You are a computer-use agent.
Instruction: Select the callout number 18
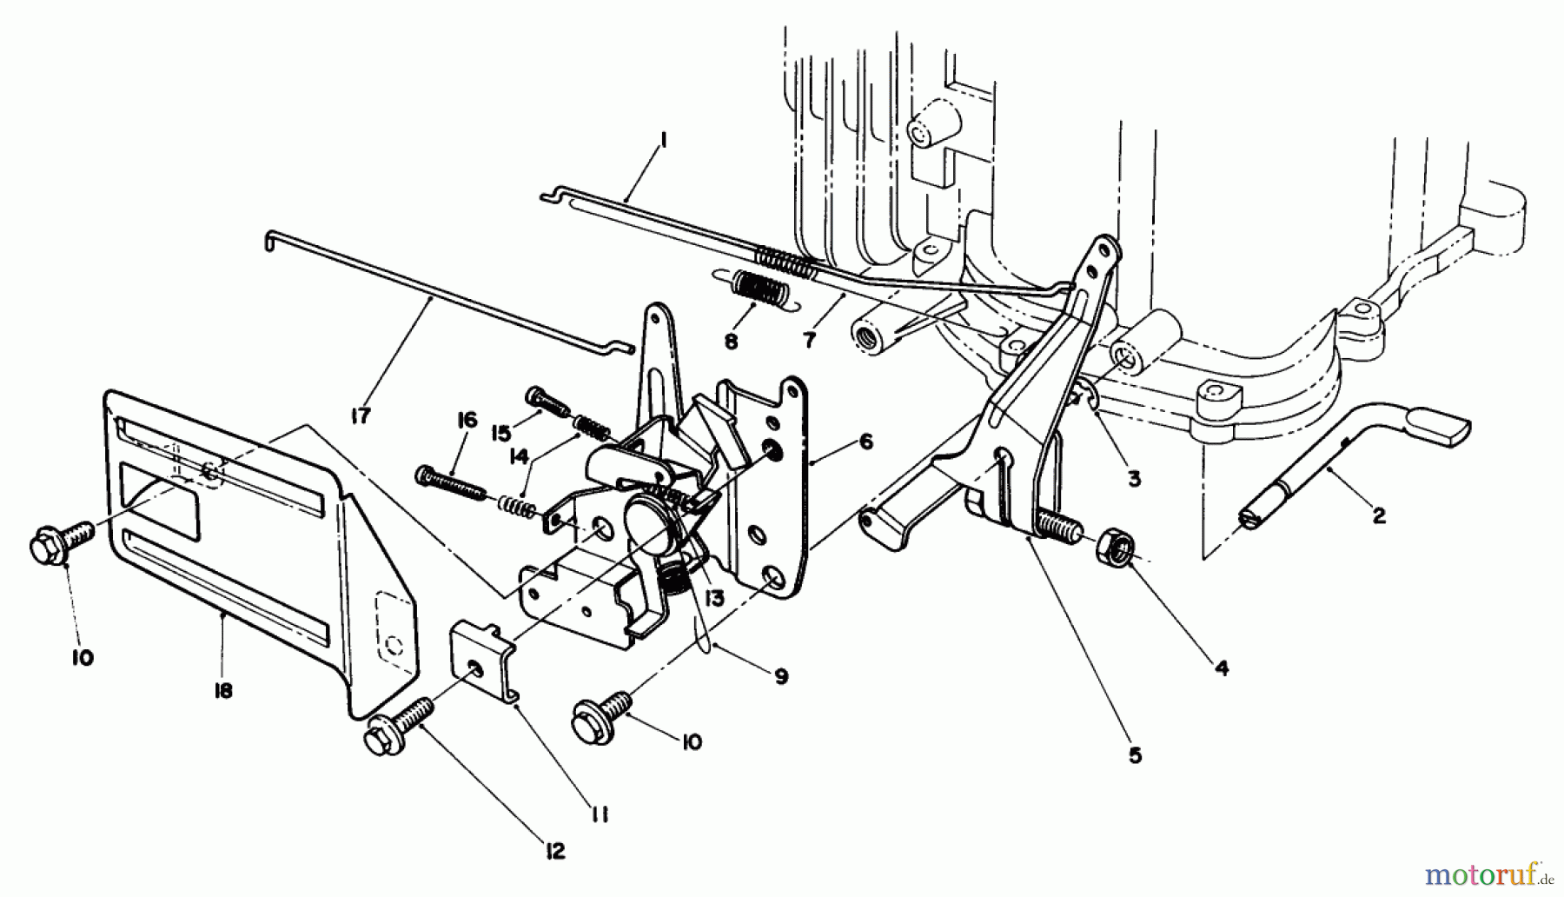click(223, 693)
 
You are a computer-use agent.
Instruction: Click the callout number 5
click(1135, 755)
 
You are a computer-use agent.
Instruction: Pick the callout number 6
click(865, 441)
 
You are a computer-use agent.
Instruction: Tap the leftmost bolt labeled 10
click(61, 542)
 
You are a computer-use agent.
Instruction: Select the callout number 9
click(780, 675)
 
